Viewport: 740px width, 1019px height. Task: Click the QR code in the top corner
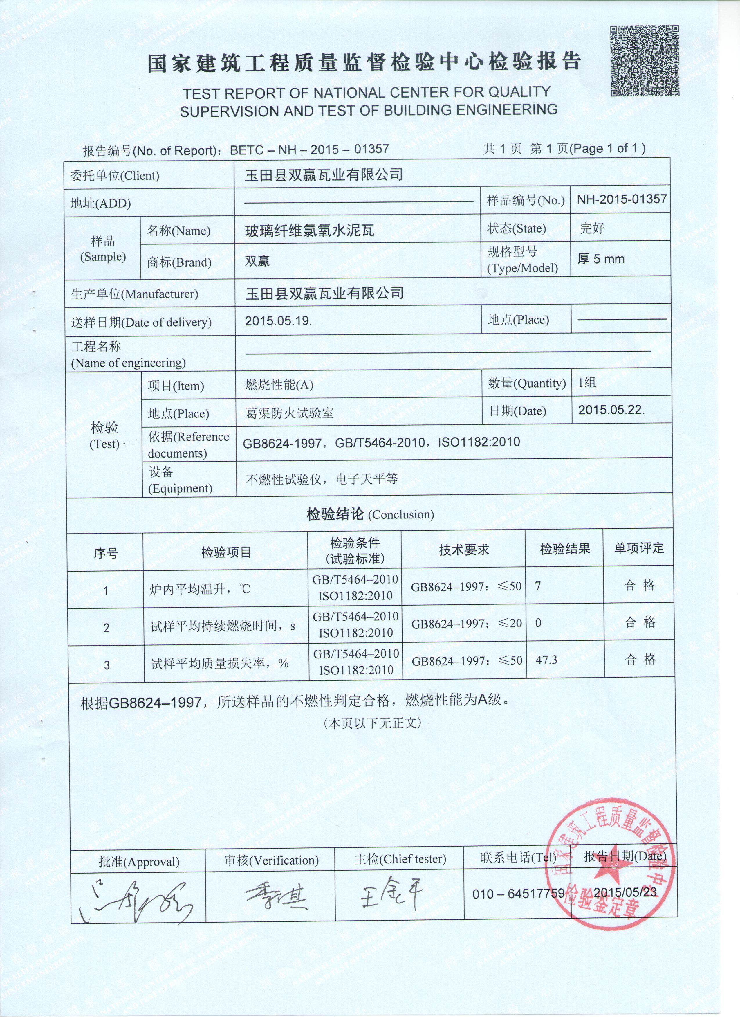click(x=644, y=61)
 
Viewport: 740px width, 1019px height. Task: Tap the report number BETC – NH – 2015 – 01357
click(x=309, y=150)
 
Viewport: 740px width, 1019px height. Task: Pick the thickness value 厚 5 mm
click(x=601, y=259)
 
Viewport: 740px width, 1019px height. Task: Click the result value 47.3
click(x=546, y=660)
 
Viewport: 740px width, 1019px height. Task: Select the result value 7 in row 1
click(x=538, y=586)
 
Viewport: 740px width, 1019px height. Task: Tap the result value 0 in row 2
click(x=538, y=623)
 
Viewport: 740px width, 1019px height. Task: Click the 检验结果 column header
click(x=564, y=549)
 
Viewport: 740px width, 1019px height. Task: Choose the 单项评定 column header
click(x=638, y=548)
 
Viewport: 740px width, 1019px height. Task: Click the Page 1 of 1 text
click(x=607, y=148)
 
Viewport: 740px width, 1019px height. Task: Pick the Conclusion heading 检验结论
click(x=335, y=514)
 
